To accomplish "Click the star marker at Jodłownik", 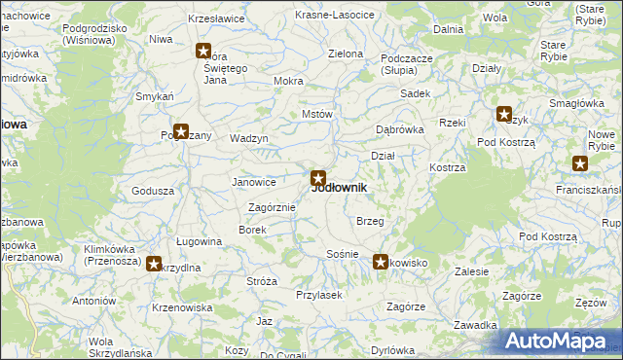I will tap(317, 178).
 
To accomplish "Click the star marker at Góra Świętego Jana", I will tap(203, 52).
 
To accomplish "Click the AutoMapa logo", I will tap(560, 342).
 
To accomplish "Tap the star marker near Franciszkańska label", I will tap(581, 164).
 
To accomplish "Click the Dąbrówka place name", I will tap(400, 129).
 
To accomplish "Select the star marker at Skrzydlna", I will tap(155, 263).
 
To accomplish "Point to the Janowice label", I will tap(253, 182).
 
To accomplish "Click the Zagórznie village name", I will tap(272, 207).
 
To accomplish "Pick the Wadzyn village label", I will tap(248, 138).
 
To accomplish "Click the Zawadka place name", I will tap(476, 325).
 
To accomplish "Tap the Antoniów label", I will tap(94, 302).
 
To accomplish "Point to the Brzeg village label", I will tap(370, 222).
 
